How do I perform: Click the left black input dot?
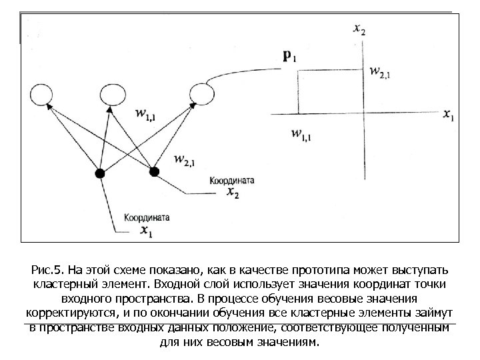pyautogui.click(x=100, y=174)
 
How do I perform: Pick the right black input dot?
pyautogui.click(x=155, y=171)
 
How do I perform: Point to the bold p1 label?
pyautogui.click(x=290, y=57)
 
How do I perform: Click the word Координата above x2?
pyautogui.click(x=232, y=181)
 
